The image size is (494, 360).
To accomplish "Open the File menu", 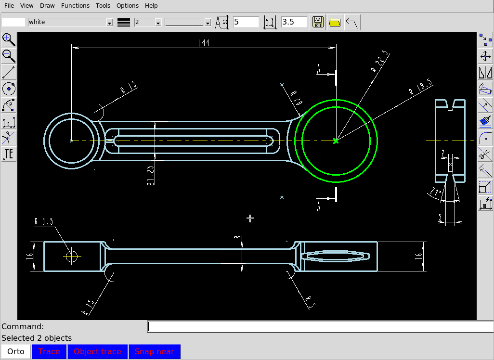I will [9, 6].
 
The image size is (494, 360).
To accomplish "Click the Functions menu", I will [75, 6].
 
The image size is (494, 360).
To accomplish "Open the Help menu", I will [151, 6].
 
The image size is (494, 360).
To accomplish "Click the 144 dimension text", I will [204, 43].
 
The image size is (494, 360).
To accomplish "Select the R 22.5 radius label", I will [380, 62].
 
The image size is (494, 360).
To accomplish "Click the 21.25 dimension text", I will [151, 175].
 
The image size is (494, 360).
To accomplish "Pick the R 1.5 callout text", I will [44, 221].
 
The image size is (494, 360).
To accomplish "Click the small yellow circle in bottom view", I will [72, 256].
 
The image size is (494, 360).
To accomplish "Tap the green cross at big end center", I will [336, 141].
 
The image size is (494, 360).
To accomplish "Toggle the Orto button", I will [16, 351].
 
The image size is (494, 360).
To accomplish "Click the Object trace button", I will [97, 351].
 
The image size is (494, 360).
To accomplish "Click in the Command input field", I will [320, 326].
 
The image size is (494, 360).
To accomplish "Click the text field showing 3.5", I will [294, 22].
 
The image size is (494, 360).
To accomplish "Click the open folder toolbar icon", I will [335, 22].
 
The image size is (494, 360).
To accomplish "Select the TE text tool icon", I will [9, 154].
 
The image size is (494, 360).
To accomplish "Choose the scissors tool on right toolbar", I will [485, 154].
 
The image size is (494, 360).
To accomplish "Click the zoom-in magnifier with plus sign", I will [9, 39].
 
